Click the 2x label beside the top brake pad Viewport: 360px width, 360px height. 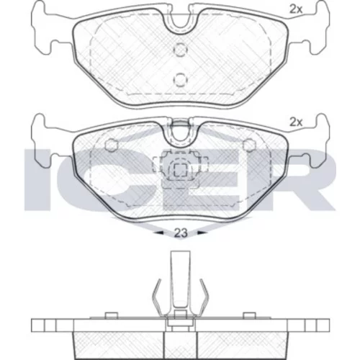point(296,9)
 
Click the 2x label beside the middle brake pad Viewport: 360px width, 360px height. point(296,122)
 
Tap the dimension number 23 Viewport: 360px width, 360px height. point(181,233)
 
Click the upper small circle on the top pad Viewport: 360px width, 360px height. point(180,49)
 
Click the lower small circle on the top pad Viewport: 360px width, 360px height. point(180,79)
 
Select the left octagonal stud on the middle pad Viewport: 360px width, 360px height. point(112,145)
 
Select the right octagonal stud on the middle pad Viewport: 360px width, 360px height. point(249,145)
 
